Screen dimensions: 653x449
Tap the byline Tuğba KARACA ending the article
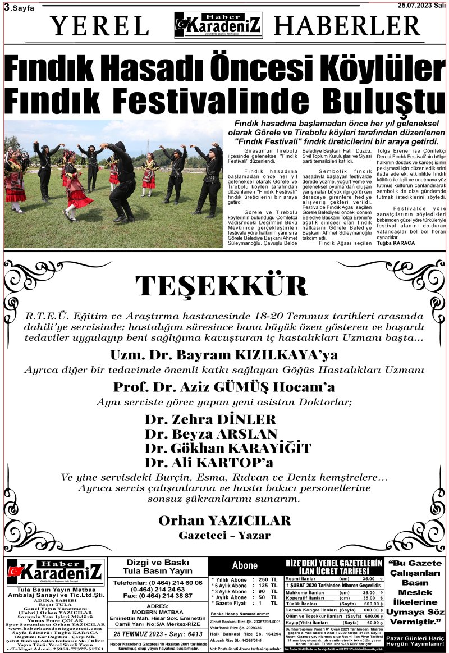(x=396, y=243)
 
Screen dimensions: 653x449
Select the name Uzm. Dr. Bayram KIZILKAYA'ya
(x=224, y=355)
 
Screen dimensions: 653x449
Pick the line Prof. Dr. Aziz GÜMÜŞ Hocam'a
(x=224, y=387)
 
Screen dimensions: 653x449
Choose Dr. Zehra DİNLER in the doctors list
(x=210, y=419)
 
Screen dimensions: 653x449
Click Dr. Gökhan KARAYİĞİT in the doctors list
(x=227, y=448)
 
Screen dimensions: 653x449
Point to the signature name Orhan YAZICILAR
(x=224, y=520)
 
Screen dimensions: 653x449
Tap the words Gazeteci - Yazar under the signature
(x=224, y=535)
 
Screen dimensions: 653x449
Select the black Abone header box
(x=245, y=566)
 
